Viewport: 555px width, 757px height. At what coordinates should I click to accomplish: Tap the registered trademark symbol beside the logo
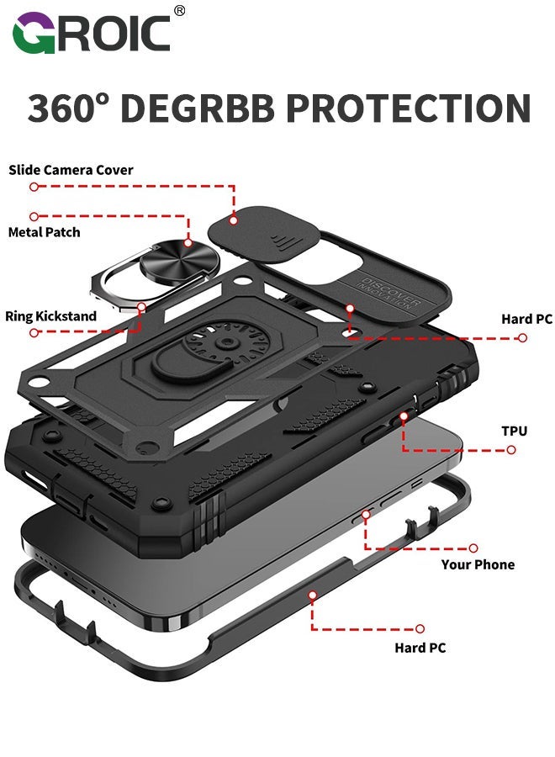tap(179, 11)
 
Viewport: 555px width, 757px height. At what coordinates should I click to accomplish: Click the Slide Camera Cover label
tap(71, 170)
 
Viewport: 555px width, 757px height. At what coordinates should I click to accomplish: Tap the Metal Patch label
tap(44, 231)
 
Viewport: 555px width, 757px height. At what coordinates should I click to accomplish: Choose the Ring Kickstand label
tap(50, 316)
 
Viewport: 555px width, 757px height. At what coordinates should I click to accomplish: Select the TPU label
tap(514, 431)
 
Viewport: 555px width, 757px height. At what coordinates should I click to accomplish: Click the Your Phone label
tap(478, 564)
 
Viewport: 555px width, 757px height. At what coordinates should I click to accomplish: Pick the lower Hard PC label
tap(420, 648)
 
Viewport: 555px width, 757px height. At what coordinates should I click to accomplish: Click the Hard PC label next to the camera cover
tap(526, 319)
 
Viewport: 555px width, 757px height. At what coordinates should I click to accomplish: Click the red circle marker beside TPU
tap(511, 449)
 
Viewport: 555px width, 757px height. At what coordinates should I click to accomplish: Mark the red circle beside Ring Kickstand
tap(34, 333)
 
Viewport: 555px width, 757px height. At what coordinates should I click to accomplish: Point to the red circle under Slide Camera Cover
tap(34, 187)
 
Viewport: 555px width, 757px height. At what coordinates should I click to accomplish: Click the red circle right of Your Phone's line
tap(473, 548)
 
